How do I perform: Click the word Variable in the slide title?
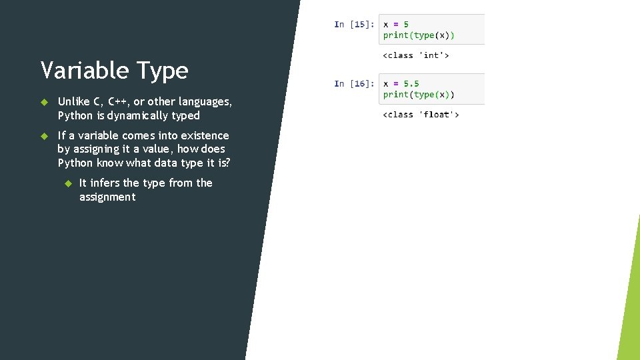click(x=85, y=70)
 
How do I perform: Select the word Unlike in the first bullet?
click(x=74, y=101)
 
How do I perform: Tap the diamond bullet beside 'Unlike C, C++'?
click(x=44, y=102)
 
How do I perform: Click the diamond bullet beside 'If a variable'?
click(x=44, y=136)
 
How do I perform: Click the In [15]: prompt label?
click(x=353, y=25)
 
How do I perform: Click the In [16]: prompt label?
click(x=353, y=84)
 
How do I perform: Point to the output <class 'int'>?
click(x=415, y=55)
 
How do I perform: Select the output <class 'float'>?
click(x=421, y=115)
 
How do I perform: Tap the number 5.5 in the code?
click(x=411, y=84)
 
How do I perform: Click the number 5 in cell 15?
click(x=406, y=25)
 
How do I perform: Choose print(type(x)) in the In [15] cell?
click(x=419, y=35)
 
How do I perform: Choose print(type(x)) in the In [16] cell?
click(x=419, y=95)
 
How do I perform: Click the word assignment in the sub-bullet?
click(x=107, y=197)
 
